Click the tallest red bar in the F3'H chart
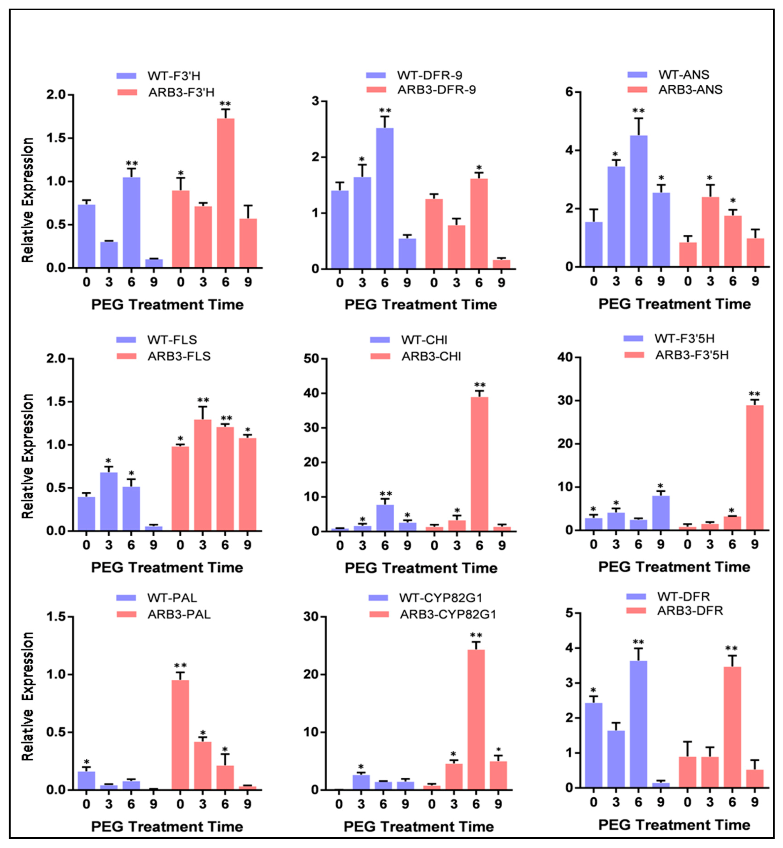click(225, 193)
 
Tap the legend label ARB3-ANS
click(690, 89)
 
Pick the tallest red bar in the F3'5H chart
click(755, 467)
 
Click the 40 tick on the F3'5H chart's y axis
click(565, 357)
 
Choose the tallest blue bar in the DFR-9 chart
click(385, 198)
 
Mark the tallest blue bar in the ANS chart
click(638, 201)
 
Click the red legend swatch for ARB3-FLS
click(126, 356)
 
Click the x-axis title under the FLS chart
click(167, 567)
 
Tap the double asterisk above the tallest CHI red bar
click(480, 385)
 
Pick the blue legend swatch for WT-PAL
click(126, 598)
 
